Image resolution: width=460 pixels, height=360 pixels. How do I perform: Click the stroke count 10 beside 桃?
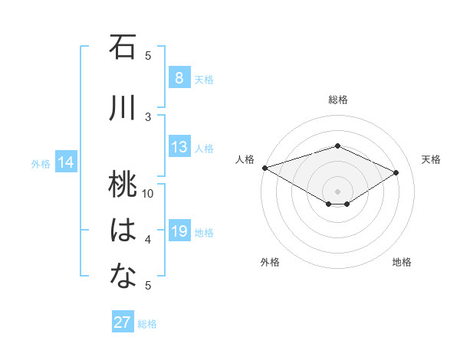tap(148, 193)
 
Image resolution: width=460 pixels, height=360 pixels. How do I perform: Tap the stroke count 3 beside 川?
tap(148, 116)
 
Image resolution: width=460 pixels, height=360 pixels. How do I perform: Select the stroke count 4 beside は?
tap(148, 240)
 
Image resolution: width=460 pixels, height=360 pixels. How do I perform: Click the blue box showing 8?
tap(179, 77)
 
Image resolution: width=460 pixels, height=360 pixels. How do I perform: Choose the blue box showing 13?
tap(179, 147)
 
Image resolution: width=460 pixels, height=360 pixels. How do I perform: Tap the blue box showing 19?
tap(179, 231)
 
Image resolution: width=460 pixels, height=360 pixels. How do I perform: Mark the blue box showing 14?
tap(66, 162)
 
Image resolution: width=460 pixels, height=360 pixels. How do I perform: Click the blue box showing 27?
tap(122, 322)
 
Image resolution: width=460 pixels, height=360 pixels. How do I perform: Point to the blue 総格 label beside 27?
tap(147, 324)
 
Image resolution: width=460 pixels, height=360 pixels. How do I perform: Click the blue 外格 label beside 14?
tap(41, 163)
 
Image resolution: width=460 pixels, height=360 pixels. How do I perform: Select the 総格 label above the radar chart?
tap(338, 100)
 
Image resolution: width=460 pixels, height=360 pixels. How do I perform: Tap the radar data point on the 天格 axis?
tap(396, 173)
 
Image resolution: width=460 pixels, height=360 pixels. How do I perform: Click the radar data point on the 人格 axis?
tap(264, 167)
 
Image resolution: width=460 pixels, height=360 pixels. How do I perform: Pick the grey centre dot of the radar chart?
tap(337, 191)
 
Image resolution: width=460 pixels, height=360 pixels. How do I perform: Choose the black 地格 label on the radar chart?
tap(402, 262)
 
